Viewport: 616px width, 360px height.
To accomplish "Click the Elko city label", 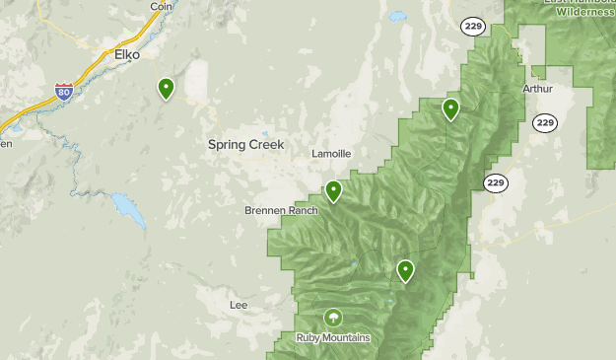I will click(x=127, y=54).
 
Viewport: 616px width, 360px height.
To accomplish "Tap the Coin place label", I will click(x=161, y=6).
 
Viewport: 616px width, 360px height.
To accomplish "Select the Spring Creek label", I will click(x=245, y=144).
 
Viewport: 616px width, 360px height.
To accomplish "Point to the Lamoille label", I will click(x=331, y=154).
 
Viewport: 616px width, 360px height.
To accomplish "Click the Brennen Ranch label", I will click(x=282, y=210).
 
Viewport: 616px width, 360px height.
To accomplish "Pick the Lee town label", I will click(x=239, y=305).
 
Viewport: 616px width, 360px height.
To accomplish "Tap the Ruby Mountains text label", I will click(x=333, y=337).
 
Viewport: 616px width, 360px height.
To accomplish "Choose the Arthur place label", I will click(x=538, y=88).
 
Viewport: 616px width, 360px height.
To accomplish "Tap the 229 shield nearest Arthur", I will click(x=545, y=122).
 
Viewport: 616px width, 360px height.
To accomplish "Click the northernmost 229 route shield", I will click(x=473, y=26).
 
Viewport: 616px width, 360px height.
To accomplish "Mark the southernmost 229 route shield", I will click(x=495, y=182).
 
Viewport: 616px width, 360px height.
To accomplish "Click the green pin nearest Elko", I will click(x=167, y=89).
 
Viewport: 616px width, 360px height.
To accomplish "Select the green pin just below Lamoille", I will click(x=334, y=190).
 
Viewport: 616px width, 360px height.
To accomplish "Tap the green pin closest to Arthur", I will click(x=450, y=108).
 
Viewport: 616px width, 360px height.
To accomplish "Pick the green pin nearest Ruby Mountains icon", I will click(x=405, y=270).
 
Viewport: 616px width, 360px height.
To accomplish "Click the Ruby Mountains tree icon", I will click(x=333, y=318).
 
